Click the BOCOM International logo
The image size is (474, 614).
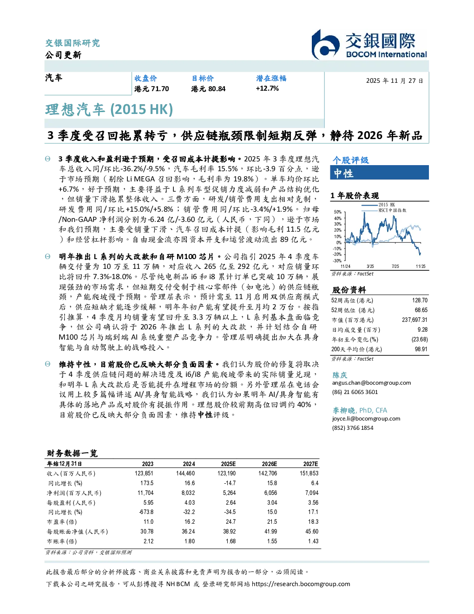point(369,44)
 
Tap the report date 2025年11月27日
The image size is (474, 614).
point(395,81)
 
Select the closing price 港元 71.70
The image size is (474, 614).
point(151,89)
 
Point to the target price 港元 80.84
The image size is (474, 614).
point(208,89)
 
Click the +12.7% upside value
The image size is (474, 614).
point(267,88)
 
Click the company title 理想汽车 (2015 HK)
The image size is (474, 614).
point(109,110)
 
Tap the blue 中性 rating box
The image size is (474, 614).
point(379,173)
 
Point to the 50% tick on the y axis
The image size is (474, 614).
point(338,212)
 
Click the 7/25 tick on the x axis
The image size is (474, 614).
point(395,267)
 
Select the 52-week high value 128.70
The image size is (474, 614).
point(420,300)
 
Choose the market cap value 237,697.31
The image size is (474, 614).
point(415,320)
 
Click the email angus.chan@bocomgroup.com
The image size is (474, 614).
point(371,383)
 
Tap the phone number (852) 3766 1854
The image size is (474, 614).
point(353,428)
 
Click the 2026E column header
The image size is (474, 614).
point(270,464)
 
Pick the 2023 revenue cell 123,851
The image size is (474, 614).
point(144,473)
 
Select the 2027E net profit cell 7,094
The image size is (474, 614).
point(312,493)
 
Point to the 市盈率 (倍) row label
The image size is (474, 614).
point(62,522)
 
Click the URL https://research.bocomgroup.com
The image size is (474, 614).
point(301,584)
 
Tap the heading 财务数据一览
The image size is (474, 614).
point(72,453)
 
